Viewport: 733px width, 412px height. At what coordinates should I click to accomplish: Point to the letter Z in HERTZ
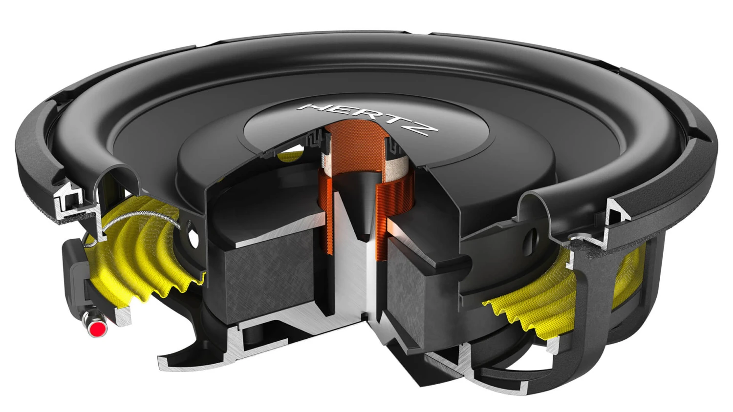tap(428, 128)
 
